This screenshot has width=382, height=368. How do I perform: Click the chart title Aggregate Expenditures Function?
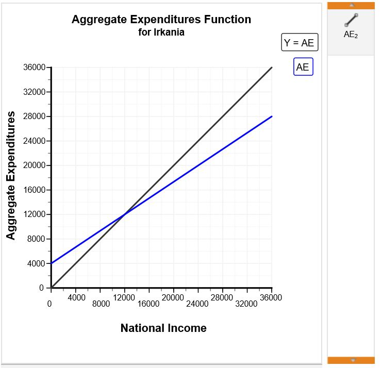pyautogui.click(x=161, y=20)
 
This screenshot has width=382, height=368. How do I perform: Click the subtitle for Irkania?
pyautogui.click(x=161, y=32)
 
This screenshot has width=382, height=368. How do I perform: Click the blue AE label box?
pyautogui.click(x=303, y=67)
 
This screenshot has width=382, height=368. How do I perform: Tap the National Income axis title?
pyautogui.click(x=163, y=328)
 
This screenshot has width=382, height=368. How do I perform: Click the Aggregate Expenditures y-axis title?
pyautogui.click(x=10, y=176)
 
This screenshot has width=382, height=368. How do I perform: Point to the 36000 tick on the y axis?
pyautogui.click(x=35, y=68)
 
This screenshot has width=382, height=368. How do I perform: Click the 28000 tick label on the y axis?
pyautogui.click(x=35, y=116)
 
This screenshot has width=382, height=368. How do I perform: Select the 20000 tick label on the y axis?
pyautogui.click(x=35, y=165)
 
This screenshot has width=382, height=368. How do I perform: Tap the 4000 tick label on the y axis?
pyautogui.click(x=37, y=263)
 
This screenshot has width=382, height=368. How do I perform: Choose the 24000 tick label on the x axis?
pyautogui.click(x=197, y=304)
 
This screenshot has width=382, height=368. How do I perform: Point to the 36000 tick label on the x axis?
pyautogui.click(x=271, y=297)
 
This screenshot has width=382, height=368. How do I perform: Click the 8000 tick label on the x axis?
pyautogui.click(x=101, y=304)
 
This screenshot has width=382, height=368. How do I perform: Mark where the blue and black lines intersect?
pyautogui.click(x=125, y=214)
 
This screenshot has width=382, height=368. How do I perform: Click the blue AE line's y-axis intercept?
pyautogui.click(x=51, y=263)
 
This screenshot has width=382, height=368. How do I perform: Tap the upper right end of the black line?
pyautogui.click(x=272, y=68)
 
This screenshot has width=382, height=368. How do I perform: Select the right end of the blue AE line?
pyautogui.click(x=272, y=116)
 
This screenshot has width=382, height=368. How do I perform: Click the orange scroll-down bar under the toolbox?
pyautogui.click(x=351, y=360)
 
